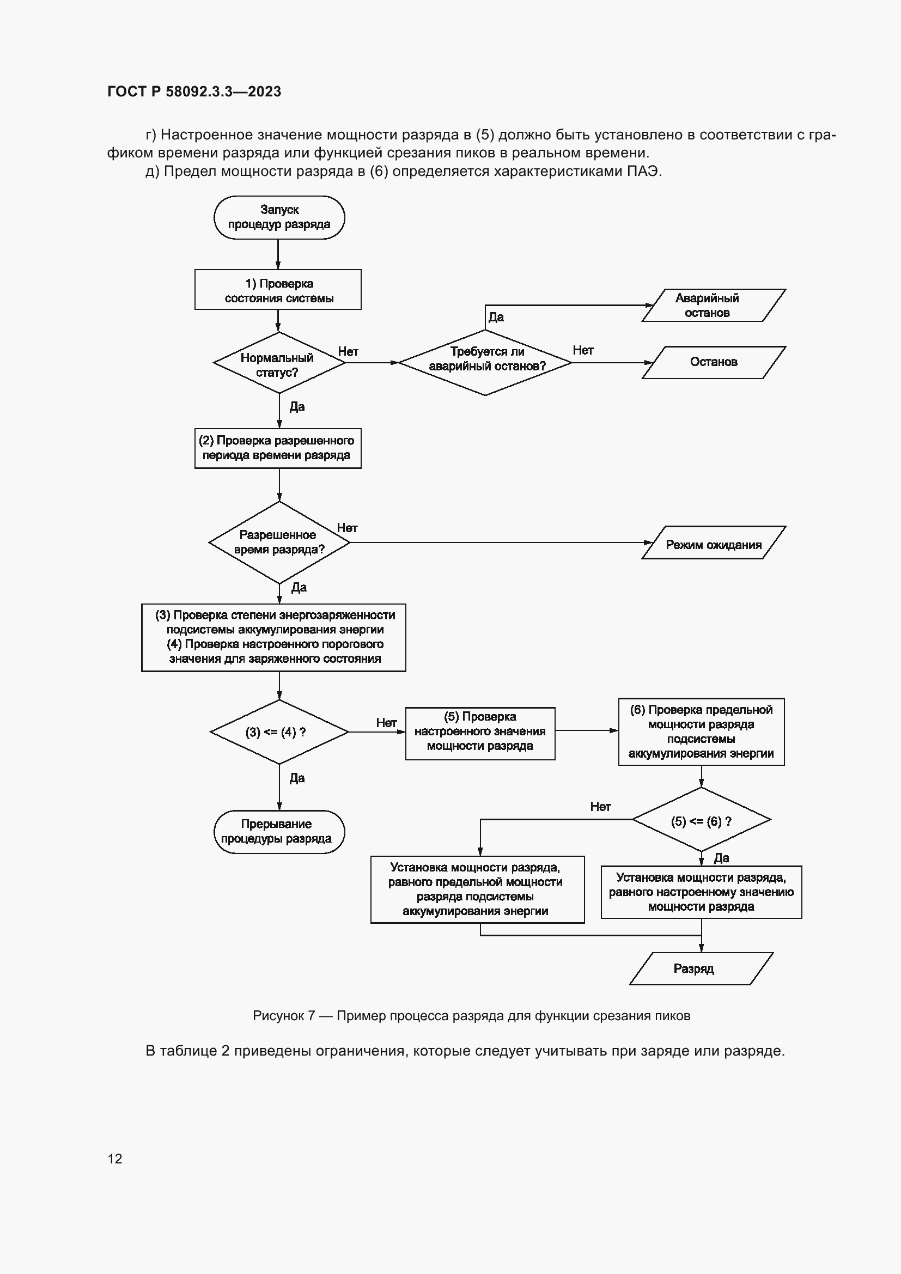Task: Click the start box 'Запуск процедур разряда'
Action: click(x=279, y=217)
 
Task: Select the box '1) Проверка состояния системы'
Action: click(x=278, y=290)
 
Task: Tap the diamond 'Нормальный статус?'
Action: click(x=278, y=363)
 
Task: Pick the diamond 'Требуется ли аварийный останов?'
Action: click(x=485, y=362)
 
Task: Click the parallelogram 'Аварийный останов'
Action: click(x=713, y=305)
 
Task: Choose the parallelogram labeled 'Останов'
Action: click(x=714, y=362)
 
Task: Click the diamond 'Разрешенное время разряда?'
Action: click(x=279, y=542)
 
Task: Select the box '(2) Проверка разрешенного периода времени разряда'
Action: click(x=278, y=448)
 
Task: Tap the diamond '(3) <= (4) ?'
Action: click(x=279, y=732)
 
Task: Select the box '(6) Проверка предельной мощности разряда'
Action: click(x=701, y=732)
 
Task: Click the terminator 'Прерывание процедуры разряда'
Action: click(x=279, y=832)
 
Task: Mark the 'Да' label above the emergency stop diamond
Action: click(x=496, y=317)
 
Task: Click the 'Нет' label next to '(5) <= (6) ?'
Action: click(x=600, y=807)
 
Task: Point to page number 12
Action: click(x=115, y=1158)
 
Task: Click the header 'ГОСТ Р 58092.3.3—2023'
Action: click(x=194, y=92)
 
